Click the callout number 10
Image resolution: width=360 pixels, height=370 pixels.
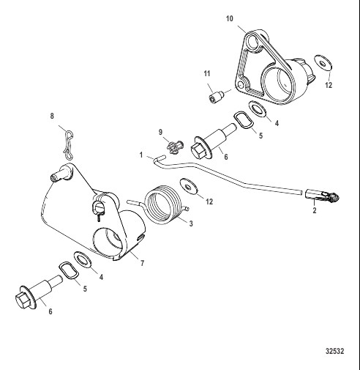[230, 18]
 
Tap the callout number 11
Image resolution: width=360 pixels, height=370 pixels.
[207, 73]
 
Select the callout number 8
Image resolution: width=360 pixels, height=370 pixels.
[52, 116]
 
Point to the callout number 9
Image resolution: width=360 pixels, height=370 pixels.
[160, 132]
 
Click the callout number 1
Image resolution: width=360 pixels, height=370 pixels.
[141, 155]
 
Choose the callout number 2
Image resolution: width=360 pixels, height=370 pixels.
[315, 210]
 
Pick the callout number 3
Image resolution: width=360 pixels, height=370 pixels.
[191, 223]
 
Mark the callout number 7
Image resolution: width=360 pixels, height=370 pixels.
[142, 263]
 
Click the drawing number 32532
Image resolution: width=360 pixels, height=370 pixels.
[335, 351]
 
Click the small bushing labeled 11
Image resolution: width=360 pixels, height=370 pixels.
[216, 96]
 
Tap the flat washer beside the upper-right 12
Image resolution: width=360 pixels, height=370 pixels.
[323, 63]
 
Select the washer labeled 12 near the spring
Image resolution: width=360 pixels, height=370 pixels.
[189, 187]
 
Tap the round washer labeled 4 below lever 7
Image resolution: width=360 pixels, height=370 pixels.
[83, 259]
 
